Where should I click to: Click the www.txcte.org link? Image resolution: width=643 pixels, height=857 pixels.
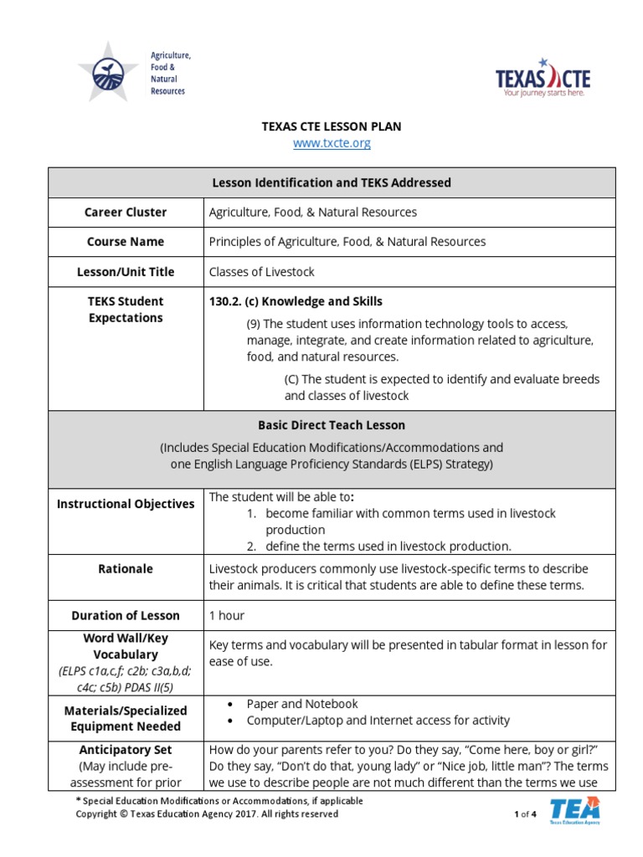coord(332,143)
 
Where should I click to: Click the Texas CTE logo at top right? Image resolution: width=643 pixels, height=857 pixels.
coord(543,80)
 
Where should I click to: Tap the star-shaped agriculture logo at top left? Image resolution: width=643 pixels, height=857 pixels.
coord(108,71)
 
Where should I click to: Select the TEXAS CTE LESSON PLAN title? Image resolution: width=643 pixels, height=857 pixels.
coord(332,126)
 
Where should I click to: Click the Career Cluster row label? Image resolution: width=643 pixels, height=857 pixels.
coord(126,213)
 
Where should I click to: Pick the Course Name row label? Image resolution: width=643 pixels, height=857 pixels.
coord(126,242)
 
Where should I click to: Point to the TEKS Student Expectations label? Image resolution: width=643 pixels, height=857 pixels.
coord(126,310)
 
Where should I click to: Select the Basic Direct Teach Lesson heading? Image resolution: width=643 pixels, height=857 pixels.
coord(332,425)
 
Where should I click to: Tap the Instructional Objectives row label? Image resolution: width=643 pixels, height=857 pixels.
coord(126,504)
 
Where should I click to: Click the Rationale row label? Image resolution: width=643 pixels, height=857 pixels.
coord(126,569)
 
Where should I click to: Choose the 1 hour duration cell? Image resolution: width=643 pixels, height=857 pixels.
coord(227,615)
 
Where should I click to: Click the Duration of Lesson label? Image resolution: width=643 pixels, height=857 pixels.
coord(126,615)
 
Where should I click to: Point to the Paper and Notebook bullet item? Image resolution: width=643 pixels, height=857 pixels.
coord(302,704)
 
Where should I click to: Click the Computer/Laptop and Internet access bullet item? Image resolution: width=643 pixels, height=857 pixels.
coord(378,720)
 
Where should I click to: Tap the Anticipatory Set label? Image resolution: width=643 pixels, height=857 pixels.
coord(126,750)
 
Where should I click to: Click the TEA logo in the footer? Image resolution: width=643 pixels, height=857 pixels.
coord(574,811)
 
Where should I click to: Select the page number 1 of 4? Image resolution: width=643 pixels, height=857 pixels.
coord(525,813)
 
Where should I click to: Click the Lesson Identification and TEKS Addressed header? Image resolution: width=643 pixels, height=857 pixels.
coord(332,182)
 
